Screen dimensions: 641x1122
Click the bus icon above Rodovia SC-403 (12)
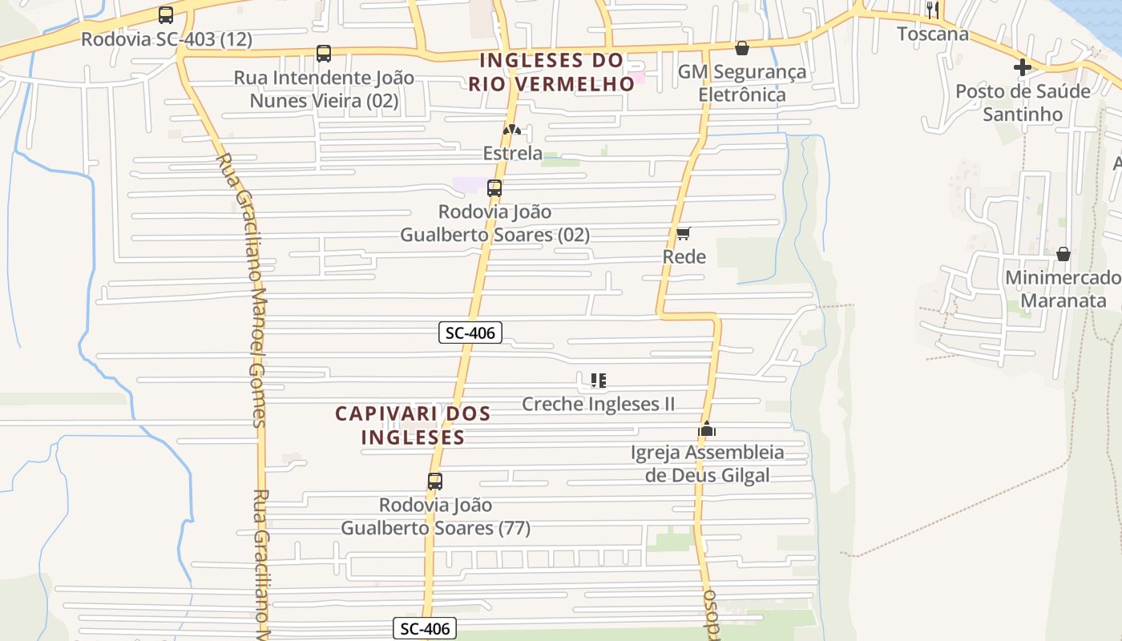click(166, 15)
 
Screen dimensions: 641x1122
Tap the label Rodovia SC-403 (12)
click(167, 38)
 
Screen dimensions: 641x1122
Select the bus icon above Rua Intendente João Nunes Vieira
click(324, 54)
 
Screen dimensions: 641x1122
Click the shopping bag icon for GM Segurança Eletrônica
click(742, 48)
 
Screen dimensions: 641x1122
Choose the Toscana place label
click(932, 34)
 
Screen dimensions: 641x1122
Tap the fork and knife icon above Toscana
click(932, 10)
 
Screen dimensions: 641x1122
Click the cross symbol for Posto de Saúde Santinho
click(1023, 67)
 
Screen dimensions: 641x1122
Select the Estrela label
click(512, 153)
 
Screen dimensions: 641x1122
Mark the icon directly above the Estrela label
click(511, 130)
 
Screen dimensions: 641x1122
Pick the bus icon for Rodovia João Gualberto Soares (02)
click(494, 188)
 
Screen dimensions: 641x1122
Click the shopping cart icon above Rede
click(684, 233)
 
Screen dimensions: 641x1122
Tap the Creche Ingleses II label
click(598, 404)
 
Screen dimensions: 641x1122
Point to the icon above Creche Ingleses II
click(598, 380)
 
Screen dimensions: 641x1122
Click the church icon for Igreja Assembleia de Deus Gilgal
click(707, 429)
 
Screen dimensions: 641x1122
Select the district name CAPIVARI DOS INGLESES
click(413, 425)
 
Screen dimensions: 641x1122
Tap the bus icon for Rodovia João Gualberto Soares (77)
click(435, 482)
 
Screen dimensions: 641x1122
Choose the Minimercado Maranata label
click(1063, 289)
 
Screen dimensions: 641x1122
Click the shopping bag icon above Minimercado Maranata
click(1063, 254)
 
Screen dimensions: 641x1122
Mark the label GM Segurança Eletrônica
click(742, 83)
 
